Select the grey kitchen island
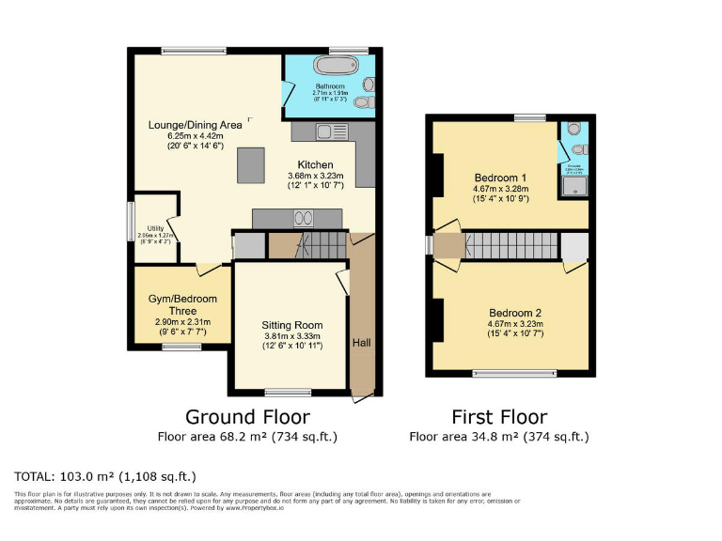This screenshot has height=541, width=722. [251, 166]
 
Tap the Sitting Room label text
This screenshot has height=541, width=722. [291, 325]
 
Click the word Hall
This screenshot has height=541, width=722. [362, 343]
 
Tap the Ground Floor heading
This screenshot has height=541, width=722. [247, 416]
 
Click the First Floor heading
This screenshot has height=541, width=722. [499, 416]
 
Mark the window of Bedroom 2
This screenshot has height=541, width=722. [512, 374]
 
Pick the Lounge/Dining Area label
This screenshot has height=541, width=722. [195, 125]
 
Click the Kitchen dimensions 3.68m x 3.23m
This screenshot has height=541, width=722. [316, 175]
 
